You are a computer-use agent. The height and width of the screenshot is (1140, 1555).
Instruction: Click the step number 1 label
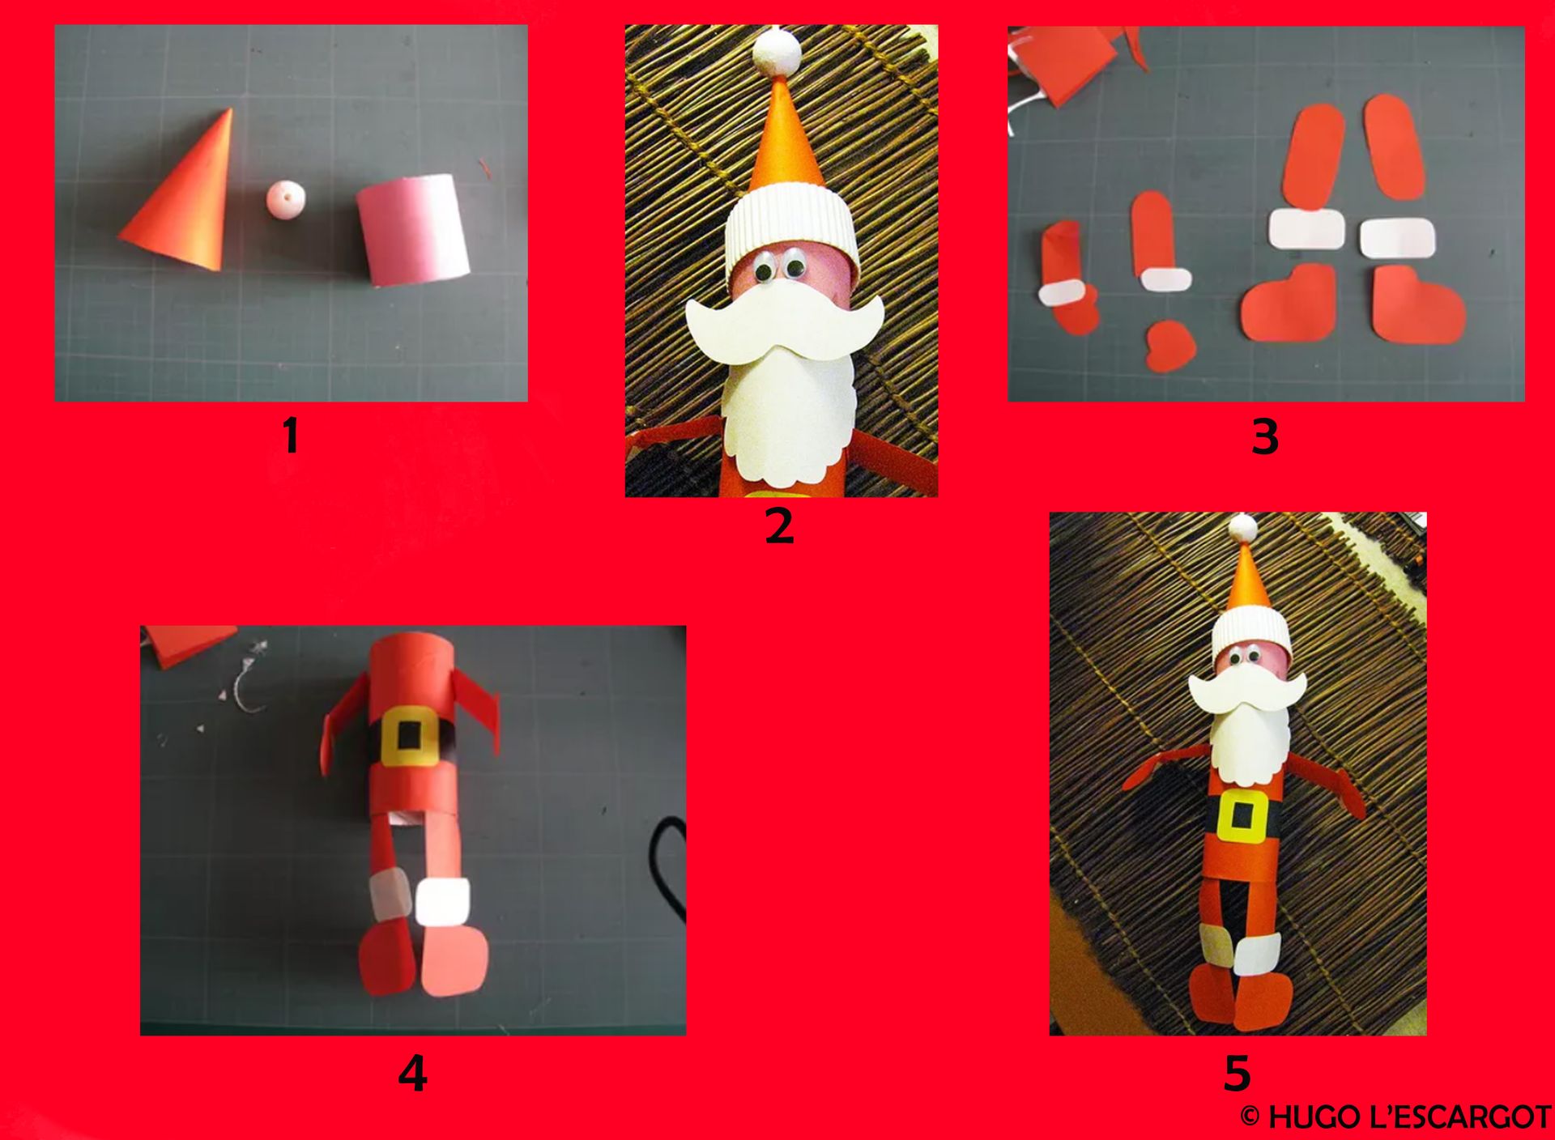291,436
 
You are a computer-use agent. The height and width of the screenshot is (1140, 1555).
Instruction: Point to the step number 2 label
779,525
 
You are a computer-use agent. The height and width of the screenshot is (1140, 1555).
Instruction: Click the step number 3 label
1264,437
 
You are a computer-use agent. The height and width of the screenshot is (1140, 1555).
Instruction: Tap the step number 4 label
412,1074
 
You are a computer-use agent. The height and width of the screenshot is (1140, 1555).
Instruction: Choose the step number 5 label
1237,1073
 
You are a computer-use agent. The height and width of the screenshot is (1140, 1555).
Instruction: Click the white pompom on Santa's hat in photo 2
777,50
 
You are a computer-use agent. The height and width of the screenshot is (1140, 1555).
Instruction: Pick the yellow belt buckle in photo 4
409,734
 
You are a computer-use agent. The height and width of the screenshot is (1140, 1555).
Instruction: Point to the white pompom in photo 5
1243,528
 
